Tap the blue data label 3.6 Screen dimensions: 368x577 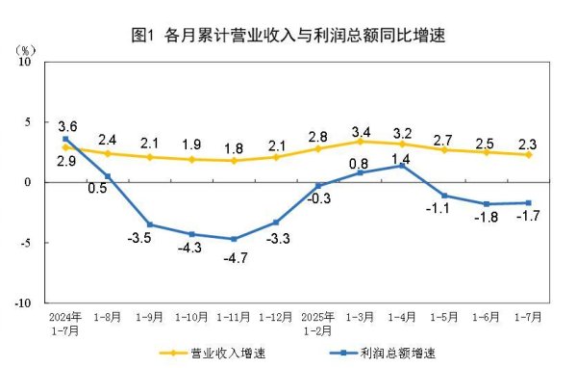67,126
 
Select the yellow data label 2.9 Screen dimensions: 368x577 67,162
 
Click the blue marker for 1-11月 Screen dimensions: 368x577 234,239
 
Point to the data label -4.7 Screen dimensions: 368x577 234,257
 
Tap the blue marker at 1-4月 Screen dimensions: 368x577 402,166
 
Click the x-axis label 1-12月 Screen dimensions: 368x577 275,315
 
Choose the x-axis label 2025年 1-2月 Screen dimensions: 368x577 317,321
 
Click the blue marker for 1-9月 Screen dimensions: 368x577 150,224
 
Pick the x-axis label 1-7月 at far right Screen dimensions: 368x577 527,315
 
